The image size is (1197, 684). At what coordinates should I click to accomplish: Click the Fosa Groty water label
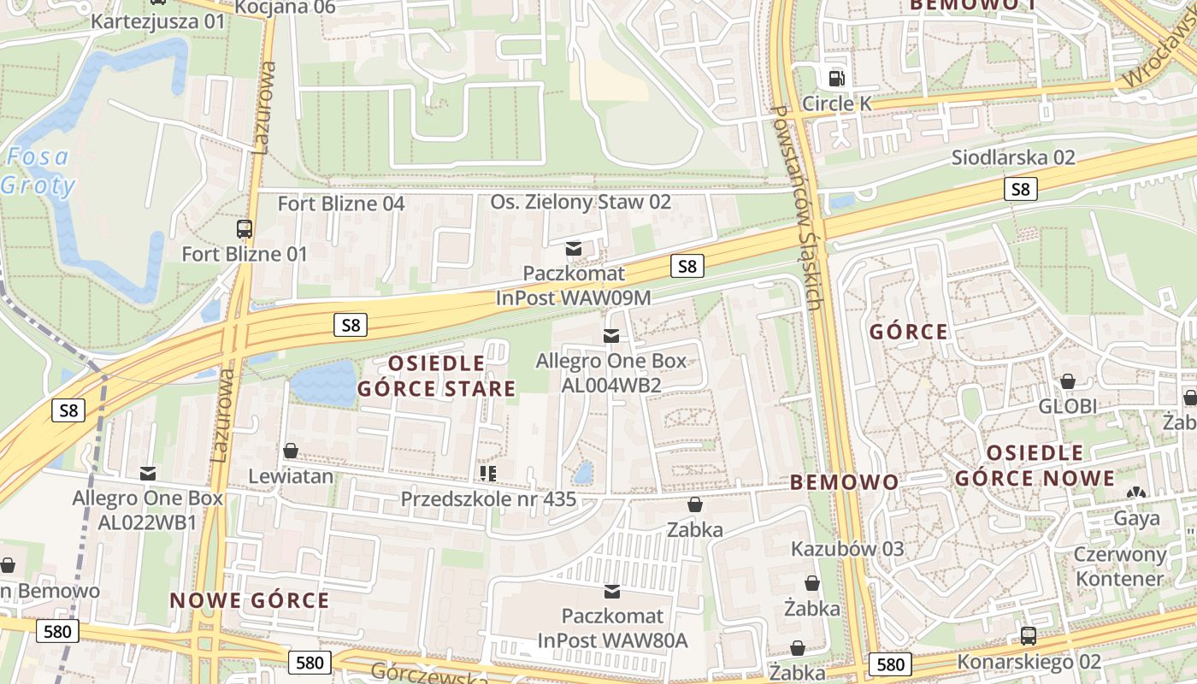pos(38,171)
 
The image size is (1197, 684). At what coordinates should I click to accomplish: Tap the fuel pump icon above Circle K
pos(836,79)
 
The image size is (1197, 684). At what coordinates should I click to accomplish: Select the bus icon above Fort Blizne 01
pos(245,228)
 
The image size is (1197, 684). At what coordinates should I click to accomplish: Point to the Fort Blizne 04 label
pos(341,203)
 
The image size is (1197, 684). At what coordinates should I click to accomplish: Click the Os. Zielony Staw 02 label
pos(581,203)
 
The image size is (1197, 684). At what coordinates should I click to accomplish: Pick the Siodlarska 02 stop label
pos(1013,157)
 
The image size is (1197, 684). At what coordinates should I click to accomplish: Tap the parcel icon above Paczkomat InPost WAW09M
pos(574,249)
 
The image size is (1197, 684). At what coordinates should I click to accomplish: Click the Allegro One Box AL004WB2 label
pos(610,373)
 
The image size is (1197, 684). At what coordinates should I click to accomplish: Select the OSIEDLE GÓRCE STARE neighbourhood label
pos(436,376)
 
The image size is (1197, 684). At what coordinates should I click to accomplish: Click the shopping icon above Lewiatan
pos(291,451)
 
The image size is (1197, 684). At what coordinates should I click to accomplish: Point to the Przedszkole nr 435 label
pos(488,498)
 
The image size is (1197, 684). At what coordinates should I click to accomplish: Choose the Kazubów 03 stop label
pos(846,549)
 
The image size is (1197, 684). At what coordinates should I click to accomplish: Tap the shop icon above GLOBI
pos(1067,381)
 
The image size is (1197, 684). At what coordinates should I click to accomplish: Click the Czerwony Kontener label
pos(1120,566)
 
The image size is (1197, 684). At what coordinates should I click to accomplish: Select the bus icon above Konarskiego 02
pos(1029,636)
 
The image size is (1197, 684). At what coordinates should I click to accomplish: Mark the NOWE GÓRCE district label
pos(250,600)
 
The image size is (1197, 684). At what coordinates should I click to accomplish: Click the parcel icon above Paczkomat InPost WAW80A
pos(612,591)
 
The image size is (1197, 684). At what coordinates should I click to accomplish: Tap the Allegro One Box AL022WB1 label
pos(147,510)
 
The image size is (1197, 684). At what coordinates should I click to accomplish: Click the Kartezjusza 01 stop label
pos(157,21)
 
